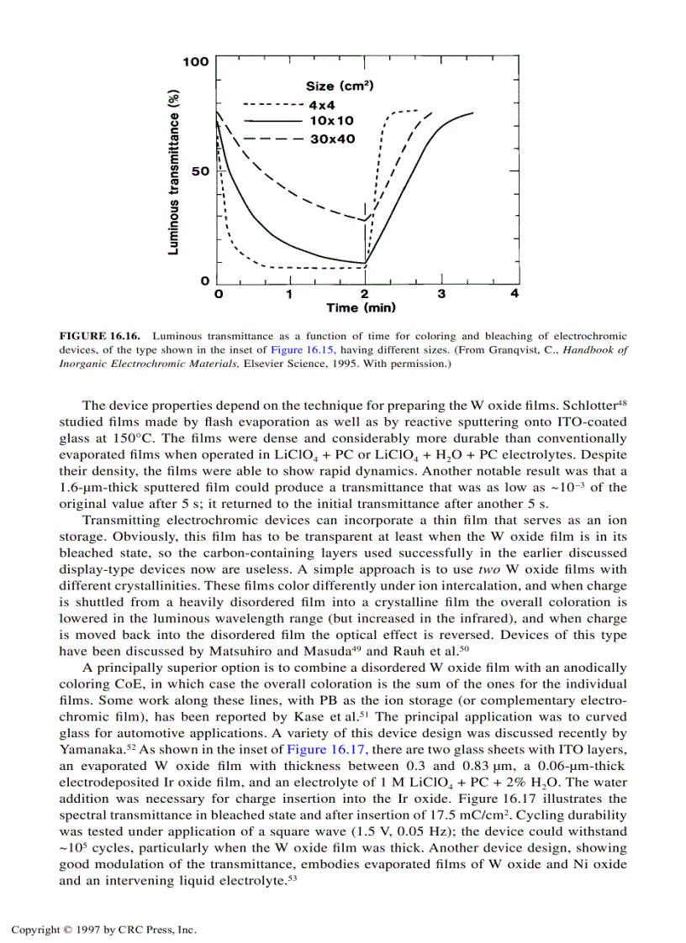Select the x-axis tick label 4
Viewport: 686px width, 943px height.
(x=514, y=294)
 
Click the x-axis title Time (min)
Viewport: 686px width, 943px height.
(x=361, y=308)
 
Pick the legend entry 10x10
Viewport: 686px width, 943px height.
(x=331, y=122)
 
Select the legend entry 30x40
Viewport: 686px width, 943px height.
(x=332, y=139)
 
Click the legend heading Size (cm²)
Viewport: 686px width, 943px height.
(x=340, y=86)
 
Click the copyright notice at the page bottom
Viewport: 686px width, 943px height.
(x=103, y=930)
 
